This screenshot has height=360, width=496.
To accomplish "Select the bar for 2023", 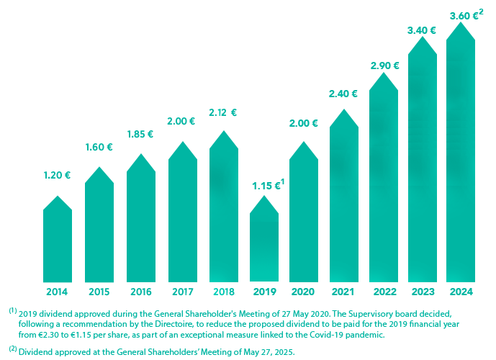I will (423, 158).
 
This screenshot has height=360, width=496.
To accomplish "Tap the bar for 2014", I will (58, 238).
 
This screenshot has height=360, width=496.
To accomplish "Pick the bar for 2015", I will (99, 223).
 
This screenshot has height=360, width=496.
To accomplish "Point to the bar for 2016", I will (141, 216).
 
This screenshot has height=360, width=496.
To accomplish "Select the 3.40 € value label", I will (422, 30).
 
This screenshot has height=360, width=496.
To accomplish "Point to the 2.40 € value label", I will (343, 94).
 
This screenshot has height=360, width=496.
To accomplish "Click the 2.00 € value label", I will (303, 123).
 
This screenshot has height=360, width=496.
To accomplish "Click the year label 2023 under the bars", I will (422, 292).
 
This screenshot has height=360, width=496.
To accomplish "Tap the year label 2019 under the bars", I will (265, 292).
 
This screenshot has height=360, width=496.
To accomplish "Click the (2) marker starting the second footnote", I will (12, 349).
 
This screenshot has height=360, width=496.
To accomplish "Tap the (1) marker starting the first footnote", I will (12, 311).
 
